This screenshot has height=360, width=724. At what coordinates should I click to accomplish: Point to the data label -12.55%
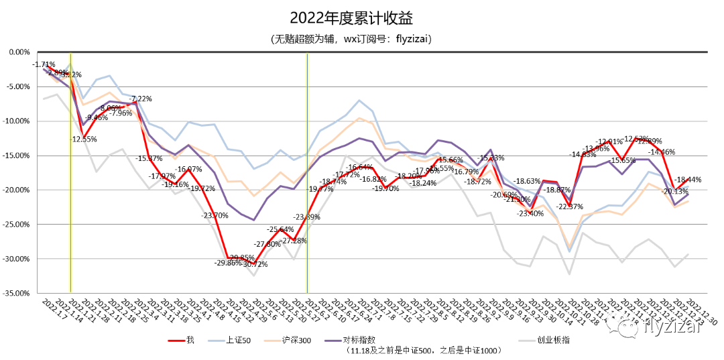[84, 139]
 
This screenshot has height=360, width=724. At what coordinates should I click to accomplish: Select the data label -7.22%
[141, 99]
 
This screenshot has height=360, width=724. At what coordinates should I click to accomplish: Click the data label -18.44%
[688, 180]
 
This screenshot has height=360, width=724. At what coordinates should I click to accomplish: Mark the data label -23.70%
[215, 215]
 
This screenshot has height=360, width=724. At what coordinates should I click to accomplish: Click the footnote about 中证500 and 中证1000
[423, 351]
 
